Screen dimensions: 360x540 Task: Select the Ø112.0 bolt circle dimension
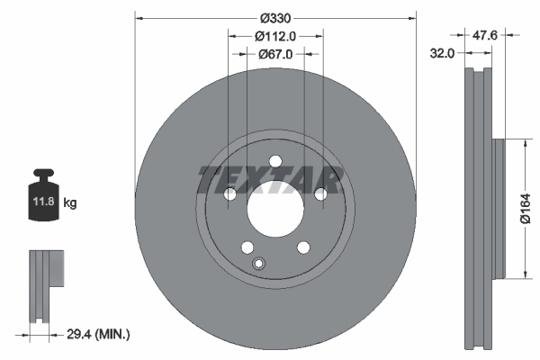tap(275, 37)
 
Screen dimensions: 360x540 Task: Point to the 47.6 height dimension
tap(486, 37)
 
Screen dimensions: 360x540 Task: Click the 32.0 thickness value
tap(441, 54)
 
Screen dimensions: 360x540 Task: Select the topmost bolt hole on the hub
tap(274, 161)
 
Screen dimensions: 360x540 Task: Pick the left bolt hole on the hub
tap(229, 194)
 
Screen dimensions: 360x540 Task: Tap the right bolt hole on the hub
tap(320, 194)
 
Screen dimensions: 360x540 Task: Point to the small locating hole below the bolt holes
tap(259, 264)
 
